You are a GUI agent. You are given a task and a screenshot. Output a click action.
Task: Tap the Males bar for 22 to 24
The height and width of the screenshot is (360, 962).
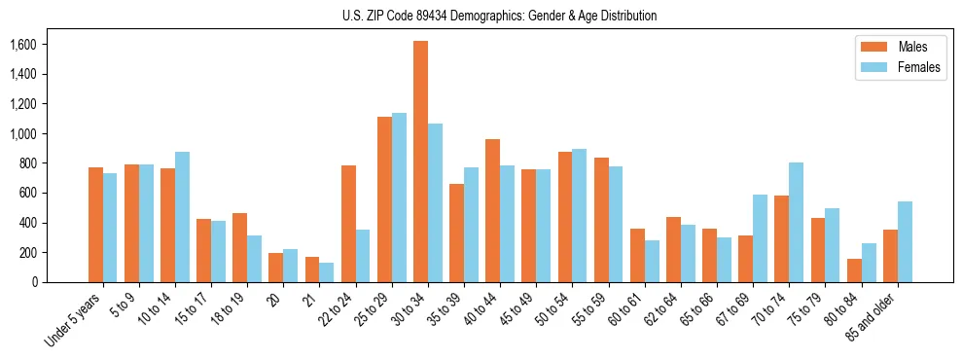[348, 224]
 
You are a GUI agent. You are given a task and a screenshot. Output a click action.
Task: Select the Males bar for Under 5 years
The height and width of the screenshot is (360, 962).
[95, 225]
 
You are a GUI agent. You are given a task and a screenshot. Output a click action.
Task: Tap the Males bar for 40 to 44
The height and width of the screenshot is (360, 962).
[492, 210]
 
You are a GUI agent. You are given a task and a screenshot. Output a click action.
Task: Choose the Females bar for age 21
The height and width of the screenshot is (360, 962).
[327, 272]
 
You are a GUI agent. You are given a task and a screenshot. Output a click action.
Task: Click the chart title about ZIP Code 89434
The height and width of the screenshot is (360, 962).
[499, 16]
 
